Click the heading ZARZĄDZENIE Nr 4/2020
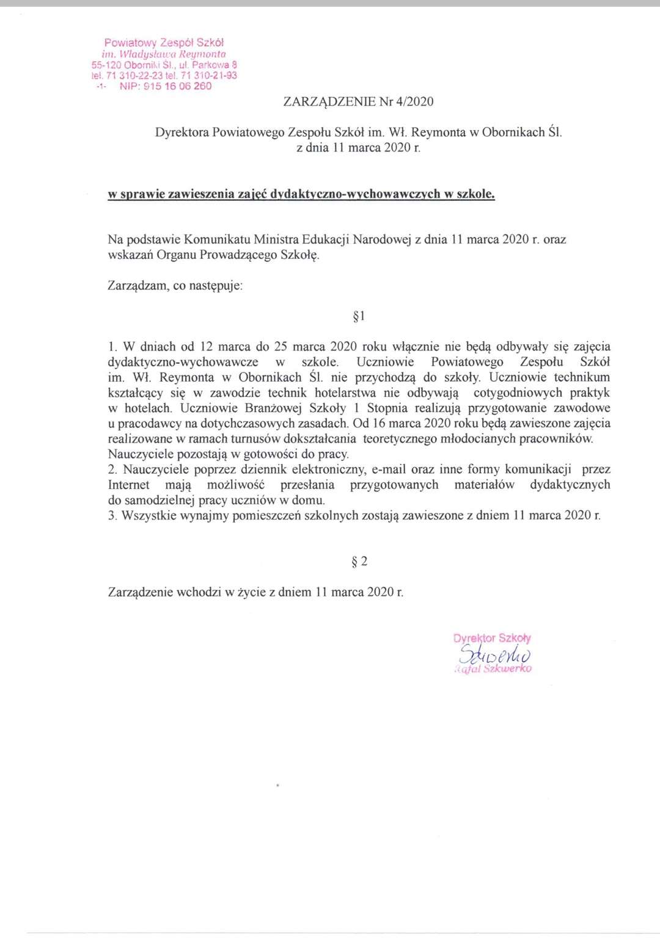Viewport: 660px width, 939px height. [358, 102]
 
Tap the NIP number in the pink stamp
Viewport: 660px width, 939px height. [166, 87]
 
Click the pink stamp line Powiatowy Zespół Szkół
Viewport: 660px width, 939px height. [164, 43]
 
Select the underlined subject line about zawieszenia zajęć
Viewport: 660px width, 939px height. [301, 194]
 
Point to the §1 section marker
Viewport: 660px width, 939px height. [359, 316]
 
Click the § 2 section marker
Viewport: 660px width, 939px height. [359, 562]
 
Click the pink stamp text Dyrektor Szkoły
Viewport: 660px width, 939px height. [492, 638]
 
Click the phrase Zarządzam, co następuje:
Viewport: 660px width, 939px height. [175, 286]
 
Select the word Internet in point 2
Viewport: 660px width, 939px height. [128, 485]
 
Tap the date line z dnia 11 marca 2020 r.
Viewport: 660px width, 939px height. [358, 148]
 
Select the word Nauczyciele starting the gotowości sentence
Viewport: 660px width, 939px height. [140, 454]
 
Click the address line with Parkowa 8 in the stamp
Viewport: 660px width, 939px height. [164, 65]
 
